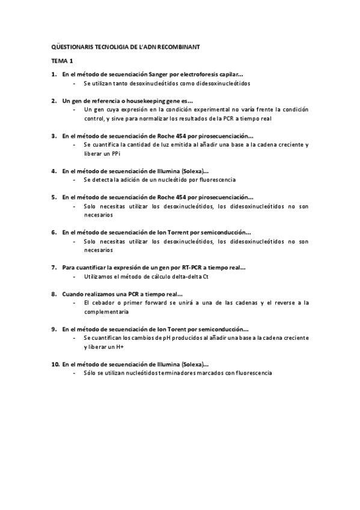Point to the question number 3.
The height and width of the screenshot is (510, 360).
(53, 136)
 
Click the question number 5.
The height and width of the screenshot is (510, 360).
(53, 197)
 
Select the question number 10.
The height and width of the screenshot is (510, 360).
(55, 364)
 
